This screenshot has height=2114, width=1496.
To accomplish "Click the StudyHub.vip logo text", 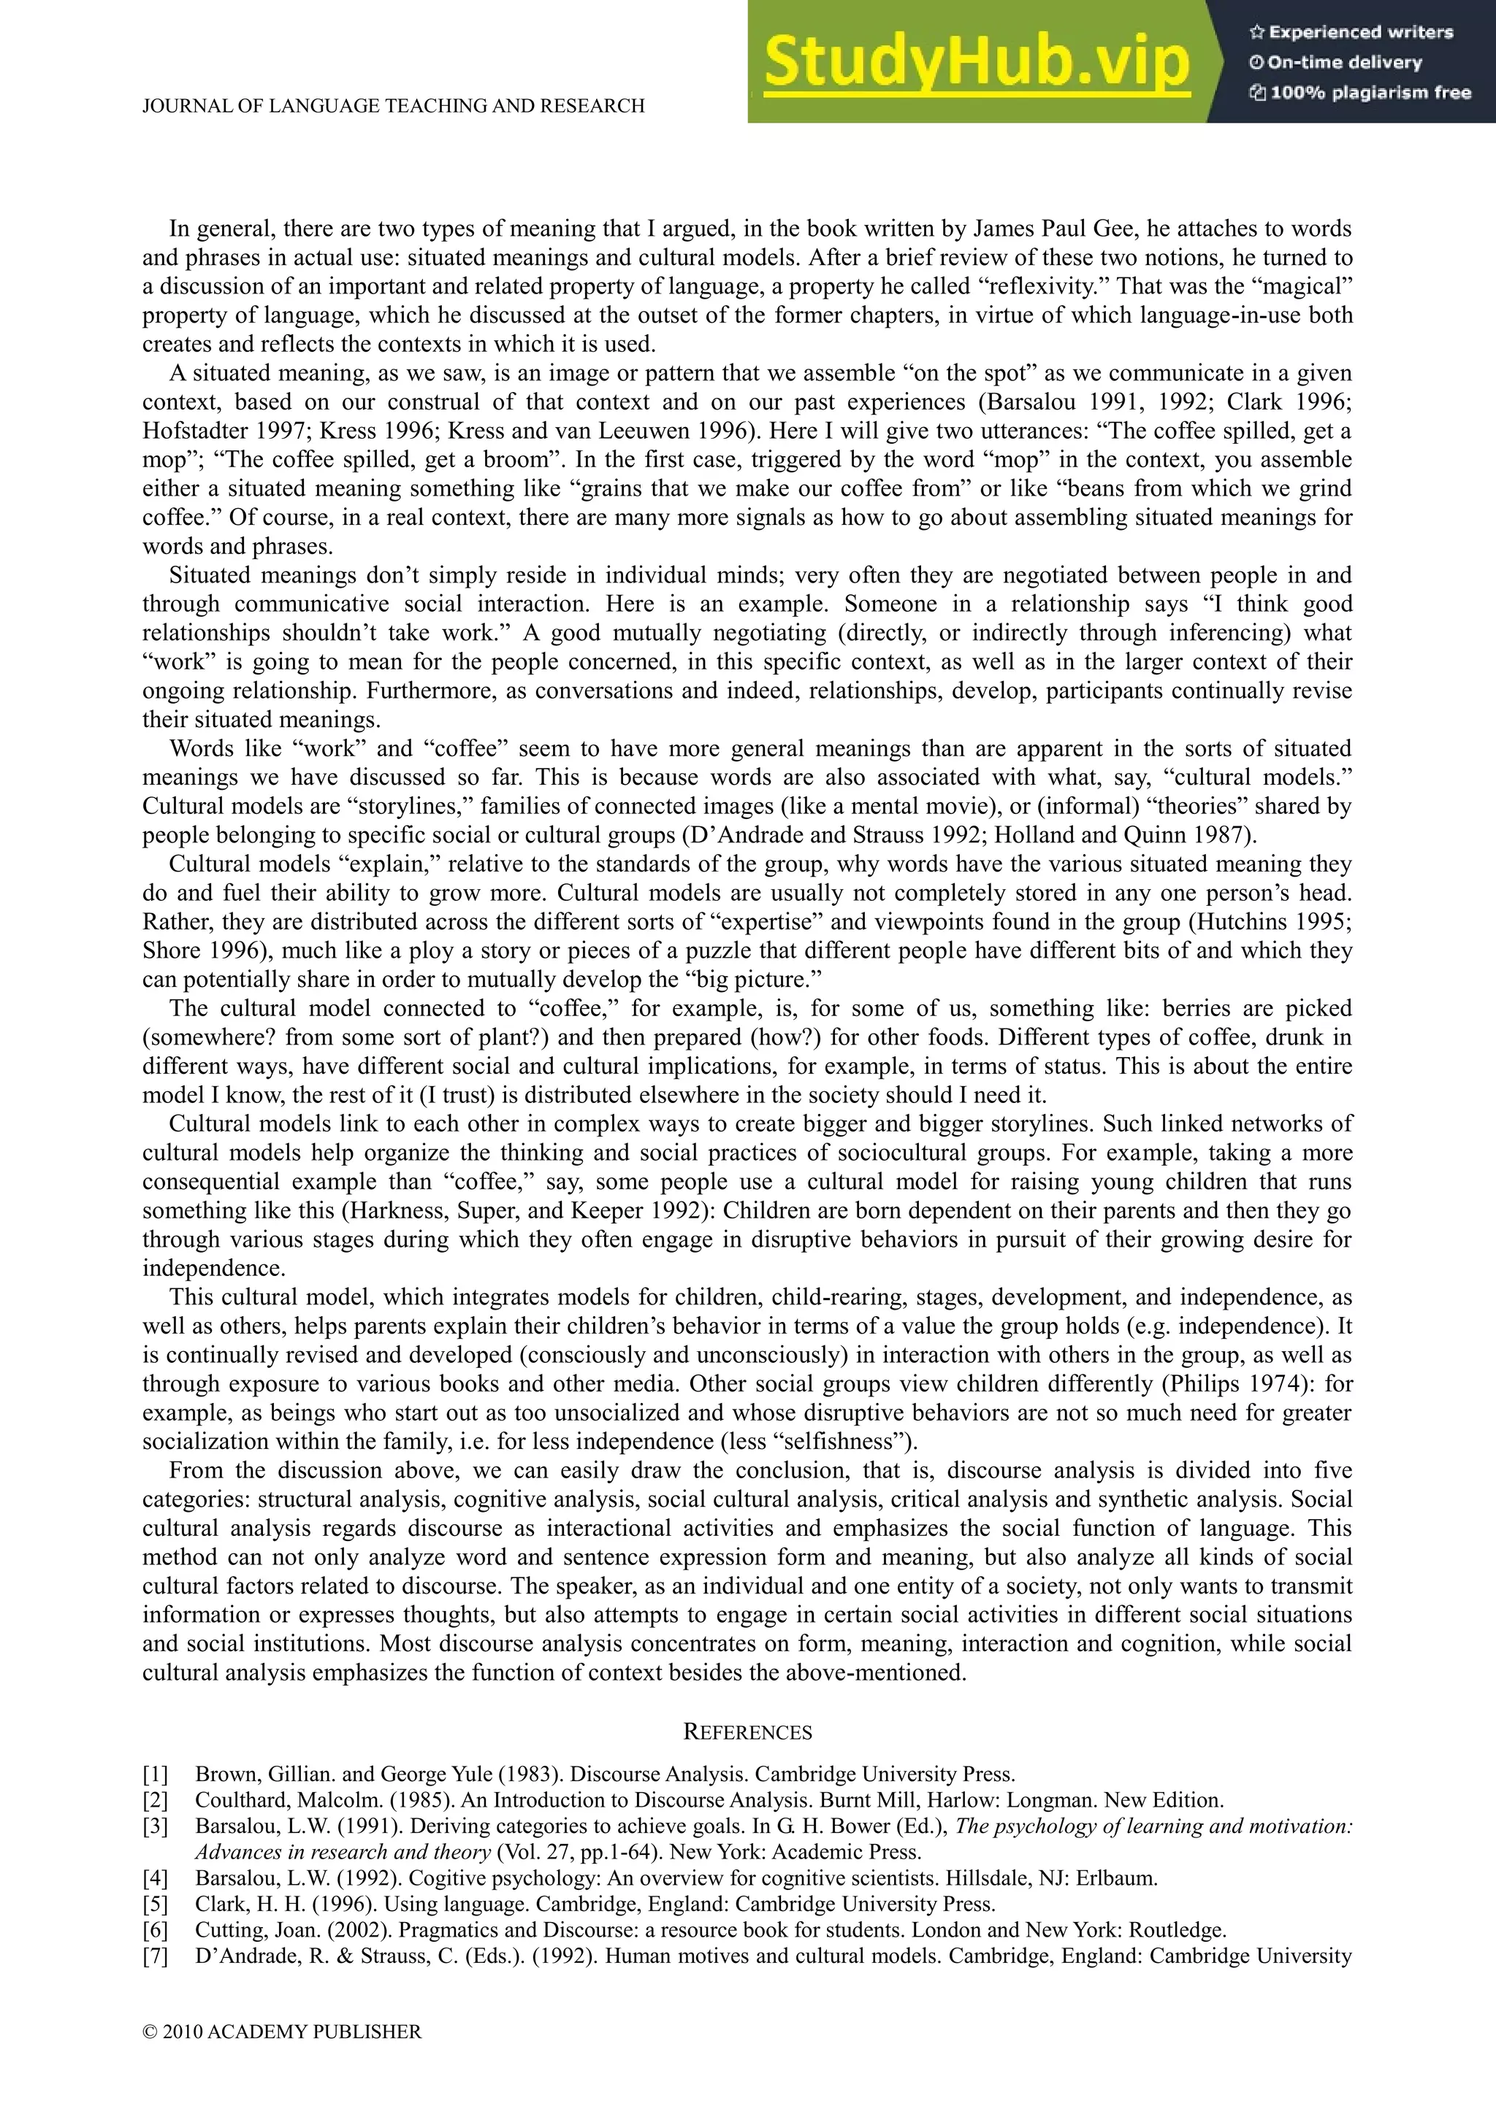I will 977,63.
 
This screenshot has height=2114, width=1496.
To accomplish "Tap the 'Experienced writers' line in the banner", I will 1351,32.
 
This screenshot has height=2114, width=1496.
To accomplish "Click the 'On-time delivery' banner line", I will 1336,63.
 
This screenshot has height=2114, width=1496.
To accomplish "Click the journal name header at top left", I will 393,106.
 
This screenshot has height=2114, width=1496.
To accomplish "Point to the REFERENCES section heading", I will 747,1733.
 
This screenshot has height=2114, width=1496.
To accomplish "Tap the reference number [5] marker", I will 155,1904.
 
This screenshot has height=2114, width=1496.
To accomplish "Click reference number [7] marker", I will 155,1956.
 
